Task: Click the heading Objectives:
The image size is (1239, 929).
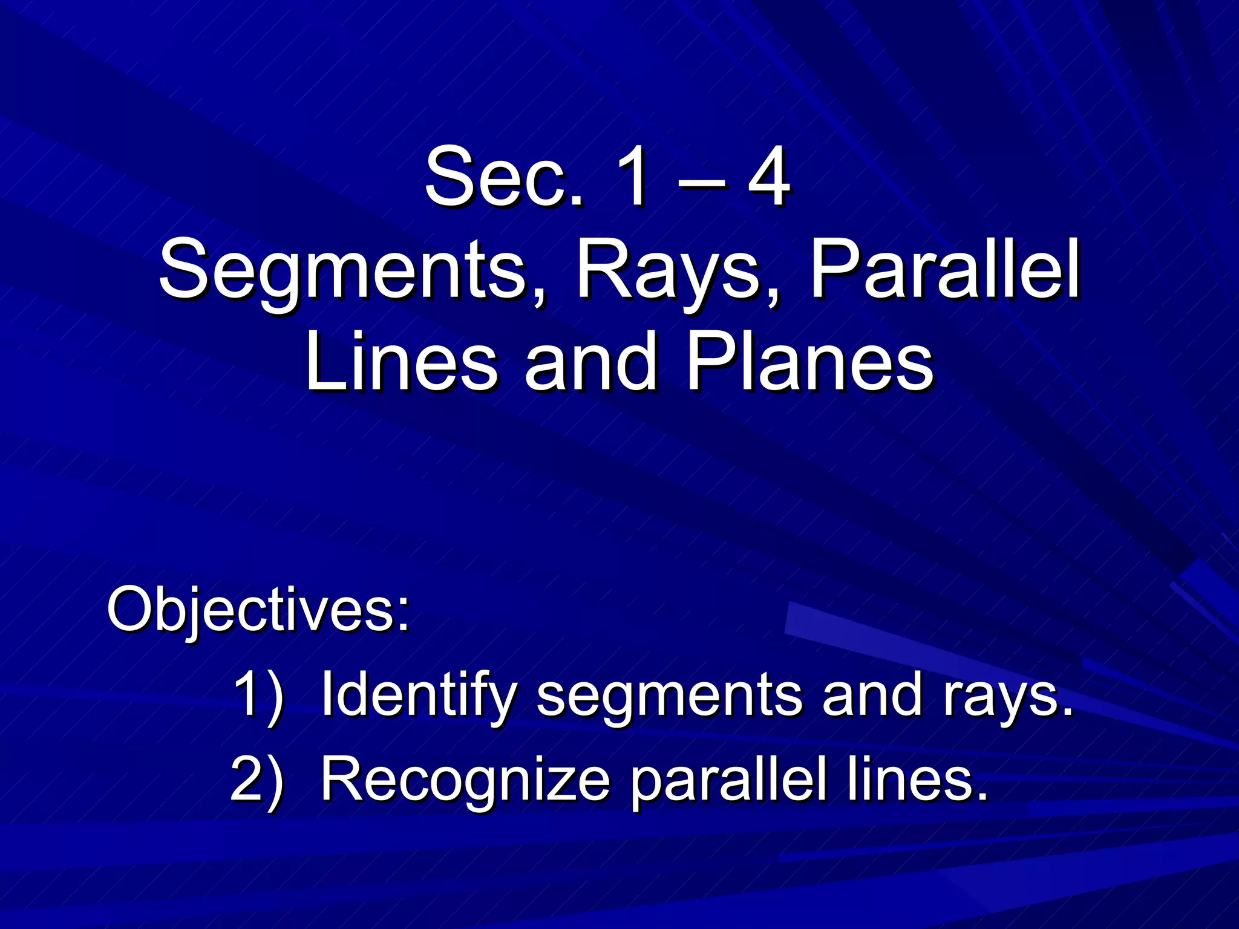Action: click(258, 610)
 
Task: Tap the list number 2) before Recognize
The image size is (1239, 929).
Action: click(257, 780)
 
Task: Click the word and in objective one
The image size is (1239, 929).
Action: click(871, 696)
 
